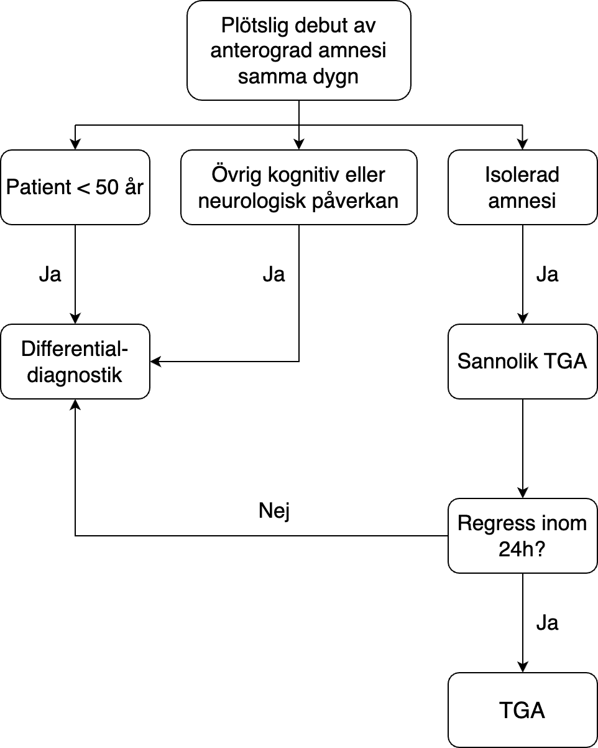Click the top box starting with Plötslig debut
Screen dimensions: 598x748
(298, 50)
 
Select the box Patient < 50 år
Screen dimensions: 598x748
(75, 187)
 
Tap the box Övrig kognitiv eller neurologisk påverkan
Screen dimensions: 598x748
(298, 187)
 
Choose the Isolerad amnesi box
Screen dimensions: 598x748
(522, 187)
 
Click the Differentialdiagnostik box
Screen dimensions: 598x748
(75, 362)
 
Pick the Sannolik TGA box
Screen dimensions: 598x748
(522, 362)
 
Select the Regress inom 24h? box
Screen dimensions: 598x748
(522, 536)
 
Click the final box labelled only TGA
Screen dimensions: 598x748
(522, 710)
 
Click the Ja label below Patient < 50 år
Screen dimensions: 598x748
(50, 274)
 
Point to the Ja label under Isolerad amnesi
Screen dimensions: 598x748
(547, 274)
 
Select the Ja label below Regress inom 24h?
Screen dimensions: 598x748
(547, 623)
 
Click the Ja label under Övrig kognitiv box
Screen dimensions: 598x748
(274, 274)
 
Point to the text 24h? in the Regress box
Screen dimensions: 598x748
(522, 549)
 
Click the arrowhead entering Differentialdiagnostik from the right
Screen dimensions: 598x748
(155, 362)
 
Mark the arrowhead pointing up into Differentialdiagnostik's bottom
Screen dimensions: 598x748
(75, 404)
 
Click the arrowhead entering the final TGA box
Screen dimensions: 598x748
(523, 667)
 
